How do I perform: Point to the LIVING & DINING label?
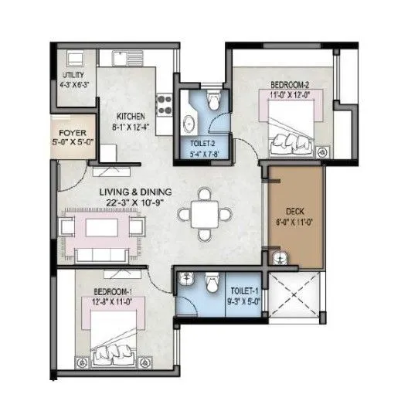[x=134, y=192]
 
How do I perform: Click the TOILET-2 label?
[x=202, y=144]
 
